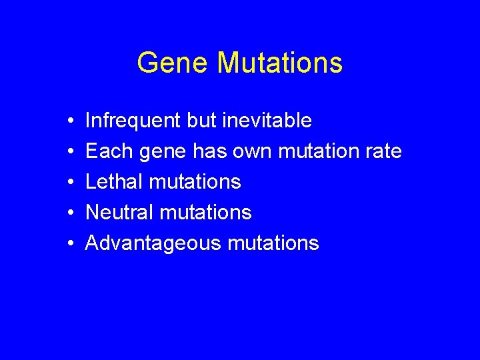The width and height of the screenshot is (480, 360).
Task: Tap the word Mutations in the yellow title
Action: click(279, 63)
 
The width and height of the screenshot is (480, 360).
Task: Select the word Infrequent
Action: click(133, 121)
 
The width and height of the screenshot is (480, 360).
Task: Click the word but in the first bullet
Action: click(201, 121)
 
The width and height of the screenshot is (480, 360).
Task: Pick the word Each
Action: click(110, 151)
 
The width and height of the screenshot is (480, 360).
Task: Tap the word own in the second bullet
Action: click(252, 151)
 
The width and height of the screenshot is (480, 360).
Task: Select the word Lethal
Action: click(115, 182)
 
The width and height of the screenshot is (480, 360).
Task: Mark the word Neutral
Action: click(120, 213)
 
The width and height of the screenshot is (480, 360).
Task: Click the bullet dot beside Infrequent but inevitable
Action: click(70, 121)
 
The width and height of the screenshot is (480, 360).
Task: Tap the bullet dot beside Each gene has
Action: click(70, 152)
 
